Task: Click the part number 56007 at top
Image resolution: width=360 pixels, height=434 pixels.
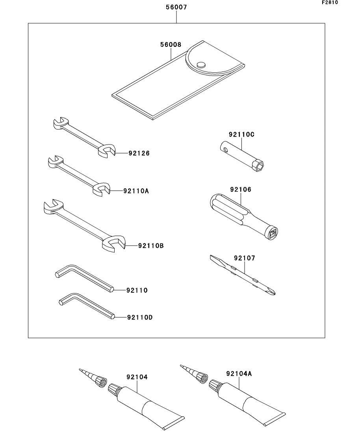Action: tap(176, 7)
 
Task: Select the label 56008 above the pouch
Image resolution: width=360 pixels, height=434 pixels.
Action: tap(170, 45)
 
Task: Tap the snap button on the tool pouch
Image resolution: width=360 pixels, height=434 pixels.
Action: tap(201, 64)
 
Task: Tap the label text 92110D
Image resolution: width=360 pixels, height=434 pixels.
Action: tap(139, 317)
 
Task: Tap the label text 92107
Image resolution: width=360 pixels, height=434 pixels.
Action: tap(244, 258)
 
